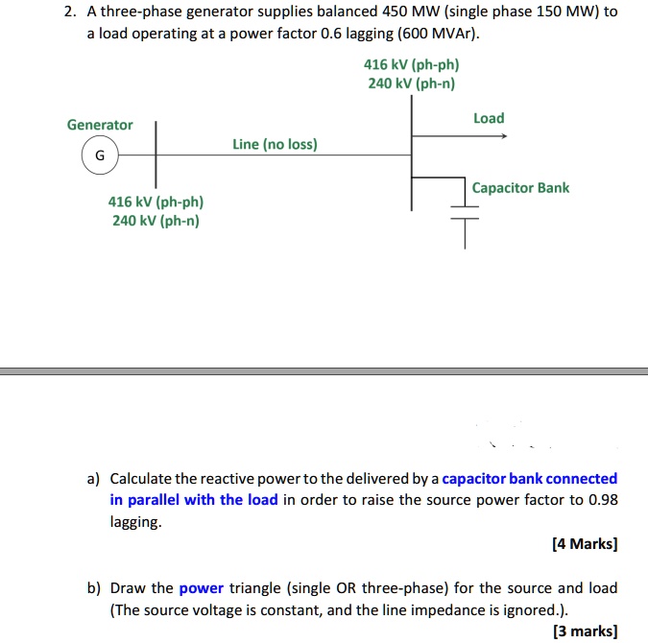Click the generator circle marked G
(x=100, y=155)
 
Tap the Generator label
(x=100, y=125)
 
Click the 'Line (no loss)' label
(x=275, y=144)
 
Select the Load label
(x=489, y=118)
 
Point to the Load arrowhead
(x=502, y=135)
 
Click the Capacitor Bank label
(x=520, y=188)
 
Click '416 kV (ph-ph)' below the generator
(x=156, y=202)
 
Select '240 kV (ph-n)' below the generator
(x=156, y=221)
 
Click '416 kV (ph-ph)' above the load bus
(x=411, y=65)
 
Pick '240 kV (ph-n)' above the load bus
(x=411, y=83)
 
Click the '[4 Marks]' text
(x=585, y=543)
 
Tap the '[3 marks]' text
(x=586, y=631)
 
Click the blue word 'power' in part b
(x=201, y=587)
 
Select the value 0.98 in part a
(x=603, y=499)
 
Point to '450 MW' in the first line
(x=382, y=12)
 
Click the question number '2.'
(x=69, y=12)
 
